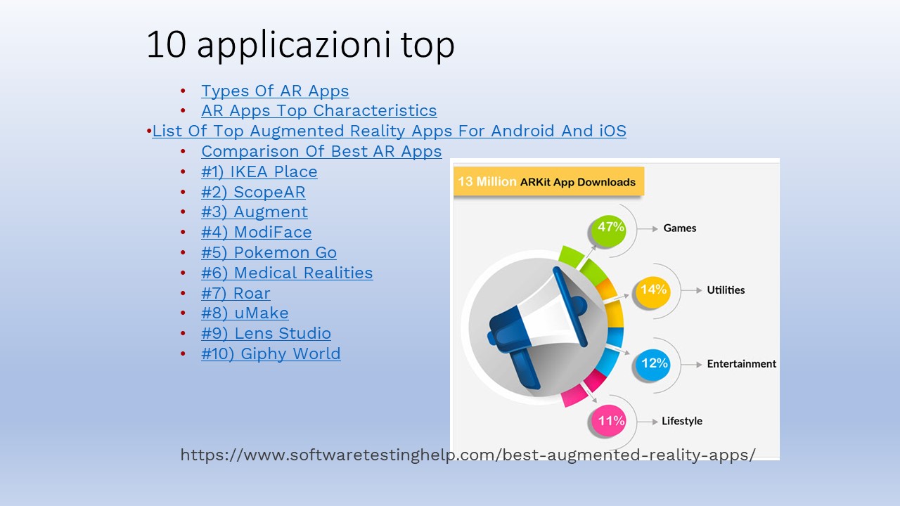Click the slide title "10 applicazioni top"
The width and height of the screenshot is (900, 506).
point(300,45)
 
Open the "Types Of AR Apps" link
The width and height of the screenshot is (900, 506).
point(275,91)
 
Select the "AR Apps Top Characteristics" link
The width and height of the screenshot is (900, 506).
point(319,110)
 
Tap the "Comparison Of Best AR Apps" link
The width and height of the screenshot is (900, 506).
point(321,151)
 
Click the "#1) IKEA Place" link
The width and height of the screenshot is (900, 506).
point(259,171)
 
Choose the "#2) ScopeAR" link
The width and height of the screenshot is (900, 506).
point(253,192)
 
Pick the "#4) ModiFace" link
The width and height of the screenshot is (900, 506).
point(257,232)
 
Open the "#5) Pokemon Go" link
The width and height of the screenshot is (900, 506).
point(269,252)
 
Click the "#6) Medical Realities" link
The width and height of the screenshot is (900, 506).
point(287,273)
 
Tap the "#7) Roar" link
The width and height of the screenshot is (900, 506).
point(236,293)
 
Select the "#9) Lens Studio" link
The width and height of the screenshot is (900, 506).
point(266,333)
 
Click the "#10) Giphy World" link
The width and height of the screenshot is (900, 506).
point(271,353)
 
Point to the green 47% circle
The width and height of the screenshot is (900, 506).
point(609,230)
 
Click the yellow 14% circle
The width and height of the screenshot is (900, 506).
point(653,292)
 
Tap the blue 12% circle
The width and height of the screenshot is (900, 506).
point(654,365)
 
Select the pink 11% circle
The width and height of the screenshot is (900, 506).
point(610,422)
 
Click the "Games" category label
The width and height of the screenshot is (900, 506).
point(679,228)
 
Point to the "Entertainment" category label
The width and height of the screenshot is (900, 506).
point(741,364)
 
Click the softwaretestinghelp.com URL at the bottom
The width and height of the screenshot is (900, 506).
point(468,455)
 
